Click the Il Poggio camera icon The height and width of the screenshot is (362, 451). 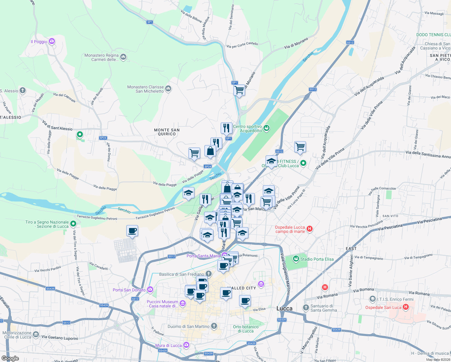click(x=52, y=41)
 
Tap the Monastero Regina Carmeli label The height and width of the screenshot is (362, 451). click(x=101, y=57)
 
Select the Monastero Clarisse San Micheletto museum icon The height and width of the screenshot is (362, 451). click(x=168, y=89)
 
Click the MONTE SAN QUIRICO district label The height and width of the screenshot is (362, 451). click(x=167, y=132)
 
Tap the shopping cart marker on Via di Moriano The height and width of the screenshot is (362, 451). click(x=239, y=90)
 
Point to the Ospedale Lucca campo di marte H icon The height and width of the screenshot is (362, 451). click(x=309, y=229)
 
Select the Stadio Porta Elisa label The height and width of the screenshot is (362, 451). click(x=317, y=259)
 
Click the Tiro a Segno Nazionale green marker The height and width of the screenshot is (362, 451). click(x=73, y=224)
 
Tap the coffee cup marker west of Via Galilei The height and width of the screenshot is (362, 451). click(x=132, y=231)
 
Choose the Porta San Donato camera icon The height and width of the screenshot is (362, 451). click(x=150, y=290)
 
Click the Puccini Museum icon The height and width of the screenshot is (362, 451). click(x=182, y=303)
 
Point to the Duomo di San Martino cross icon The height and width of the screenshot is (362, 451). click(x=214, y=326)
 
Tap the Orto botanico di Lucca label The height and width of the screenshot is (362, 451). click(x=246, y=329)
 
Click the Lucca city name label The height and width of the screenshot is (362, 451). click(x=284, y=308)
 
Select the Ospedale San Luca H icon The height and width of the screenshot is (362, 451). click(x=405, y=307)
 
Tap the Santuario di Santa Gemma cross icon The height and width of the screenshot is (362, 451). click(x=306, y=307)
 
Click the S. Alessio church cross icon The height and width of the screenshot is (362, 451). click(x=23, y=90)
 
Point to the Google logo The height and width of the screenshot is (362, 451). click(x=10, y=358)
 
